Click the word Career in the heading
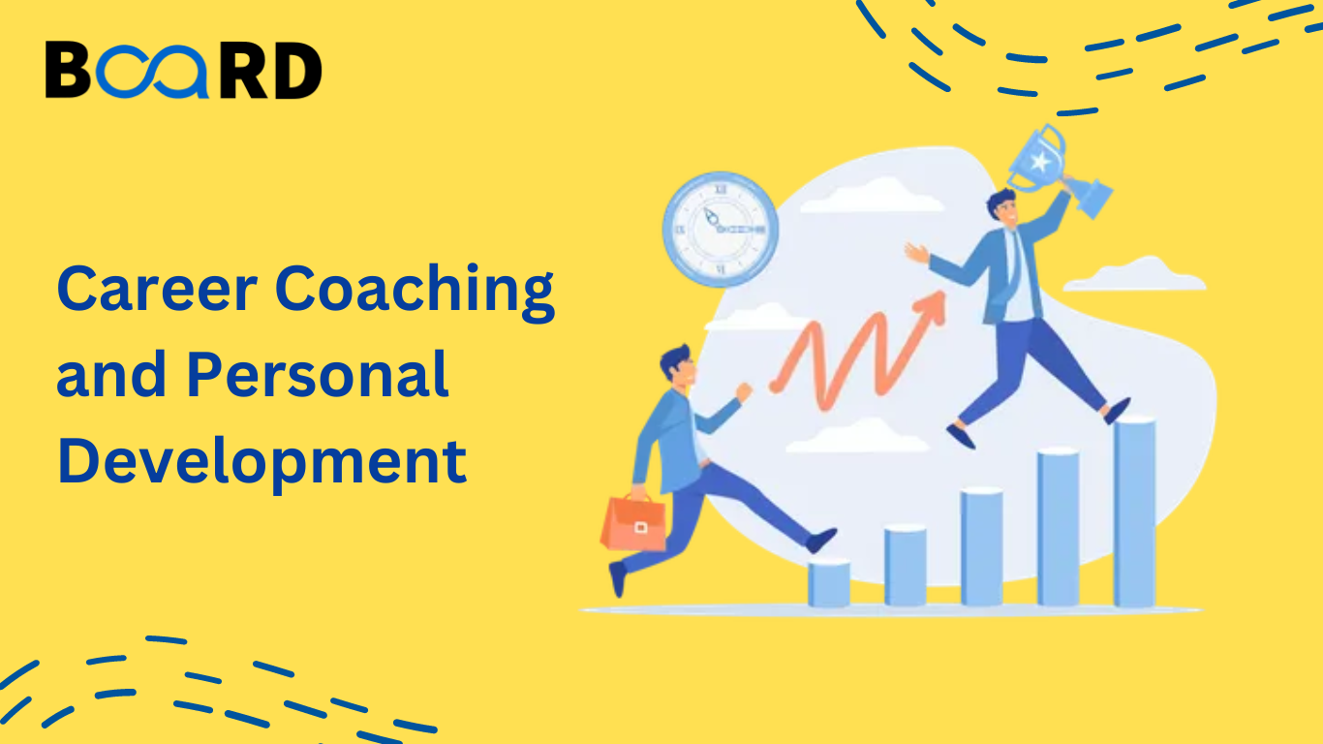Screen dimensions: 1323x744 157,289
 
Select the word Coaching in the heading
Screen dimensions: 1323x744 415,293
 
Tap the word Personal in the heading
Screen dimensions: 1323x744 318,374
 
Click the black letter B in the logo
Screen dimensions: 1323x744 68,69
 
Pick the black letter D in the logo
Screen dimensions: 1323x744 297,71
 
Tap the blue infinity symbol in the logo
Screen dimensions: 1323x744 152,71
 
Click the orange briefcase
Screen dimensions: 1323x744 633,523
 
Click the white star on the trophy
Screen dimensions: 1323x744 1039,162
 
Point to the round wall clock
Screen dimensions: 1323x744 720,230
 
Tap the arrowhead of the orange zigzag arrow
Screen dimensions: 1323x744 932,307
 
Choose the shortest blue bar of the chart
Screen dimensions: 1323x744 829,583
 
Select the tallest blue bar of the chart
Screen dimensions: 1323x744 1134,511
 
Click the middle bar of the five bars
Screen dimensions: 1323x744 982,547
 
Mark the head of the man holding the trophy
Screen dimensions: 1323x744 1002,207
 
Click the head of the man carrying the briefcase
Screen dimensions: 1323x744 679,366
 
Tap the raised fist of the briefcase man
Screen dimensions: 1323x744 744,391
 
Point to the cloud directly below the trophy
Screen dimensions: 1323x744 1135,274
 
